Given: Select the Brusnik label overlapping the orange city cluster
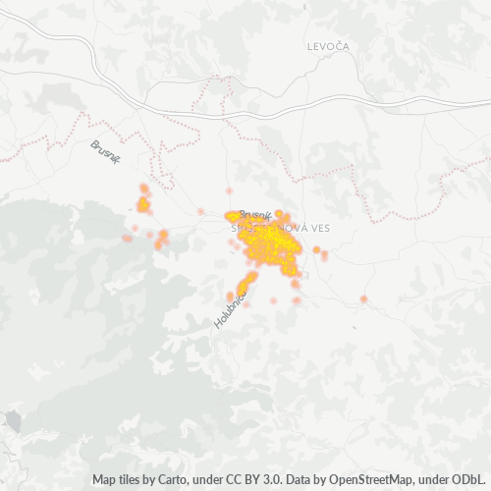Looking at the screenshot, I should [x=254, y=215].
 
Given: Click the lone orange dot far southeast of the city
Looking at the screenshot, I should [x=363, y=299].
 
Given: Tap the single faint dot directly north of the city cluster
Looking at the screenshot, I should [x=229, y=191].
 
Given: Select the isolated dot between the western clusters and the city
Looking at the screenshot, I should [x=200, y=211].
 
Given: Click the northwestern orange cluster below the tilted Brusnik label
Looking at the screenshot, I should [x=143, y=204].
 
